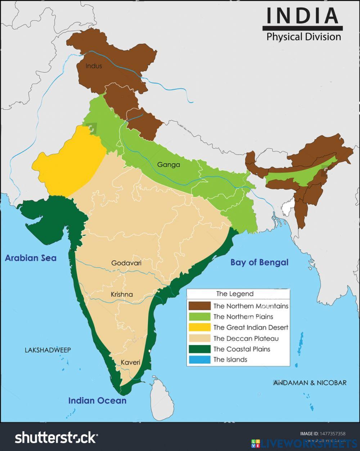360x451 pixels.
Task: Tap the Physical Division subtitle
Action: point(303,37)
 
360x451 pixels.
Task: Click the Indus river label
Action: point(94,66)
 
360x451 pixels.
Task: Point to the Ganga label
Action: point(168,165)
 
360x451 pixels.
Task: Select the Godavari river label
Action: point(126,263)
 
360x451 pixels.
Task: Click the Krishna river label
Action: point(122,294)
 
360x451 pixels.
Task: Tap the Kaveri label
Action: point(130,362)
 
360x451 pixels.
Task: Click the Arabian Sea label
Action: point(31,258)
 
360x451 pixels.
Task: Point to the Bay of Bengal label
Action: point(259,262)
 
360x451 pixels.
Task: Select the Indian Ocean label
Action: point(97,401)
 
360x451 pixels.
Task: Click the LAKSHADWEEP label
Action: point(48,350)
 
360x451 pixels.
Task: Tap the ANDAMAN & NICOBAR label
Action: point(310,383)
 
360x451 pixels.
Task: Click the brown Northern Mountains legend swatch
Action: point(199,306)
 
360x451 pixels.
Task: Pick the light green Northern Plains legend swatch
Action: point(199,317)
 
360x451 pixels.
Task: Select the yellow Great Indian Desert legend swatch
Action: point(199,327)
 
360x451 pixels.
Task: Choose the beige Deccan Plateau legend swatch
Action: point(199,338)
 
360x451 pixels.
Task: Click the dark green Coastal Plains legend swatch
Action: point(199,349)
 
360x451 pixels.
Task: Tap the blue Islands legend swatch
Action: point(199,360)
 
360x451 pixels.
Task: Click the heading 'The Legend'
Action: point(235,294)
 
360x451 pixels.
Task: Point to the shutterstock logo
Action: point(56,437)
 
